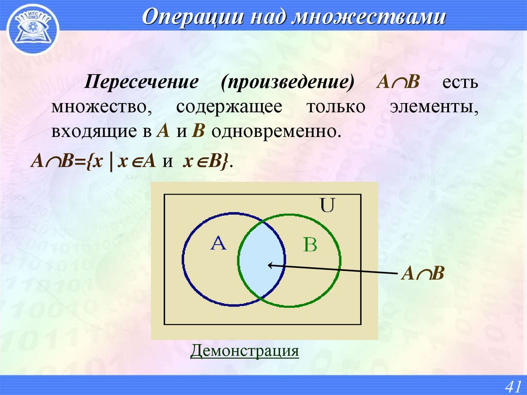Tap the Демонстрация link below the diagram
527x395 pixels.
coord(244,351)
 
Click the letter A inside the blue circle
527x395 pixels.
coord(219,243)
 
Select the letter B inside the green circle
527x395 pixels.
coord(310,245)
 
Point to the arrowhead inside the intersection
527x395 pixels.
coord(270,265)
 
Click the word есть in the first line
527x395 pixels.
coord(459,83)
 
